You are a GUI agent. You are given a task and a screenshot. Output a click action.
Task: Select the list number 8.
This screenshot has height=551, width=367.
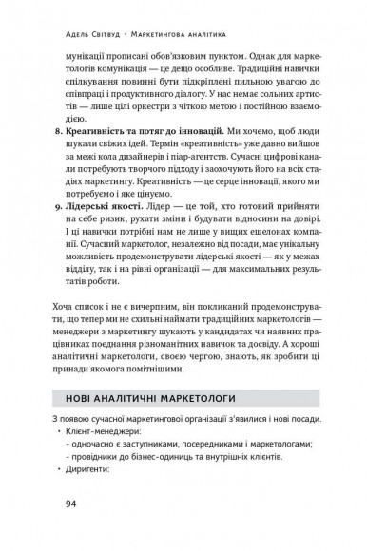coord(78,151)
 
